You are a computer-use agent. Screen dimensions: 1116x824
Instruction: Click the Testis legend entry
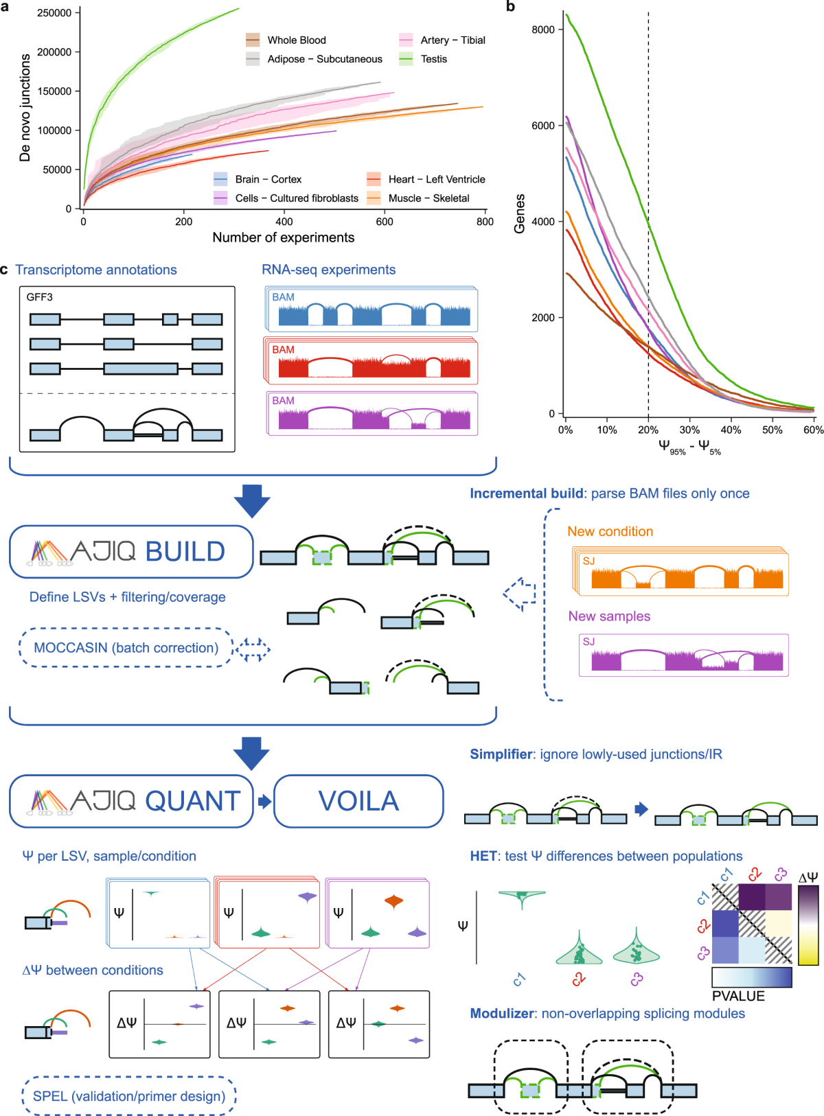coord(433,59)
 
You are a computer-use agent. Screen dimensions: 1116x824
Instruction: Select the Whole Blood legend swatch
coord(253,40)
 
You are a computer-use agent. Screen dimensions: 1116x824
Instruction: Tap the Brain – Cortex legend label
coord(268,179)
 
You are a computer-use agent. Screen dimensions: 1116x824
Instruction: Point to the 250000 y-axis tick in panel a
coord(54,13)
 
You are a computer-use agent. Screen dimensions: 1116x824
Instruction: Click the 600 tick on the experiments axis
coord(385,222)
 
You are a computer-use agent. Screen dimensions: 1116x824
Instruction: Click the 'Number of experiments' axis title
coord(283,237)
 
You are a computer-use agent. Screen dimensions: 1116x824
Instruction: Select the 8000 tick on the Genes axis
coord(542,30)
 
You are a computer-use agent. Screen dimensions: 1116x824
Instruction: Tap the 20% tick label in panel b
coord(648,430)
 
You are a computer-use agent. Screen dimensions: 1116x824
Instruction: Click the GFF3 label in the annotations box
coord(39,297)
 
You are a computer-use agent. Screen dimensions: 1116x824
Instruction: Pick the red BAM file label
coord(283,349)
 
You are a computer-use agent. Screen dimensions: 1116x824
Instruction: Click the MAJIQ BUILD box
coord(131,551)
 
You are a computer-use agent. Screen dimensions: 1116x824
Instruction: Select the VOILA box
coord(358,801)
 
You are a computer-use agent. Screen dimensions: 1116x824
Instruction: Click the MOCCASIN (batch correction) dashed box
coord(126,648)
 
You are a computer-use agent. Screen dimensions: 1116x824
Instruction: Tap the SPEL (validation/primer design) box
coord(129,1096)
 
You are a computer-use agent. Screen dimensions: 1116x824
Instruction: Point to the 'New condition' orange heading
coord(610,531)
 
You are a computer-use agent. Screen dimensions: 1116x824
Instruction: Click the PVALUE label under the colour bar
coord(738,996)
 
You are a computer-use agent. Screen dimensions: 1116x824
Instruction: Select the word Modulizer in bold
coord(502,1014)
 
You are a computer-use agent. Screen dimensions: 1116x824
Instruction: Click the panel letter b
coord(510,7)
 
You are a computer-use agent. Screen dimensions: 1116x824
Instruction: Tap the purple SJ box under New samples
coord(683,655)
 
